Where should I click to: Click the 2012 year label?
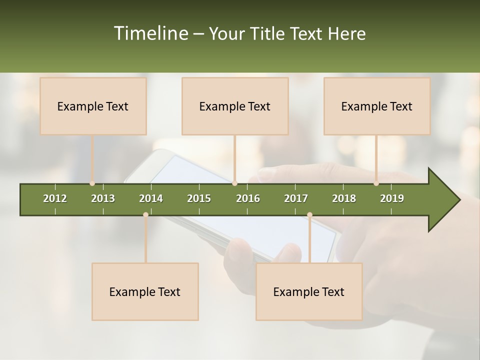point(55,198)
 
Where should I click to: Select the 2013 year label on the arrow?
point(103,198)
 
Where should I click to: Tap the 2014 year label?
point(151,198)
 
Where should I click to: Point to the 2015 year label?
point(199,198)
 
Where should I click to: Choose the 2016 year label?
point(248,198)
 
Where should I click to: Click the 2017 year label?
point(296,198)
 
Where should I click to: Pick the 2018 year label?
point(344,198)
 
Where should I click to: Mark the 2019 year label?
point(392,198)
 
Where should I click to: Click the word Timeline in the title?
point(150,33)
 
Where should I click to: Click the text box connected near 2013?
point(93,106)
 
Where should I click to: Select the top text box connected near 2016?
point(235,106)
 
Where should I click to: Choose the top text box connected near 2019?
point(377,106)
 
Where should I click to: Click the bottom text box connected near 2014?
point(145,291)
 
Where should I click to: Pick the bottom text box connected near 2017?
point(309,291)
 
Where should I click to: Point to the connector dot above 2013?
point(92,183)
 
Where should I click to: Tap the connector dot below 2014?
point(145,214)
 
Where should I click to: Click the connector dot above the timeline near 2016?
point(234,183)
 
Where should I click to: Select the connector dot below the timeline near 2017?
point(309,214)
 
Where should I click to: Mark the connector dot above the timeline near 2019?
point(376,183)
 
